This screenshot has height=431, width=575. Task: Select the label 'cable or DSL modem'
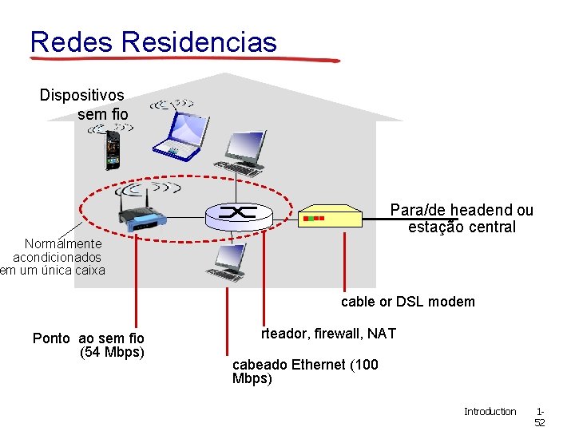point(407,302)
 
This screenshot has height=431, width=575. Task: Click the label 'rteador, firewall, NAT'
point(327,334)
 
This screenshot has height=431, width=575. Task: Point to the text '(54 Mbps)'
point(112,352)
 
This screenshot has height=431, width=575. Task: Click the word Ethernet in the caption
point(319,365)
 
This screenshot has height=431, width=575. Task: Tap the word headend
point(482,211)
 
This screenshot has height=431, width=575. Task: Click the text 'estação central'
point(462,227)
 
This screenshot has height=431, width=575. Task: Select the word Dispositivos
point(82,96)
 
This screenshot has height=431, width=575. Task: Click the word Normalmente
point(63,243)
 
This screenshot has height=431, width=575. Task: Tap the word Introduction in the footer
point(490,412)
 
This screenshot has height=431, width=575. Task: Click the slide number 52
point(539,423)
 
